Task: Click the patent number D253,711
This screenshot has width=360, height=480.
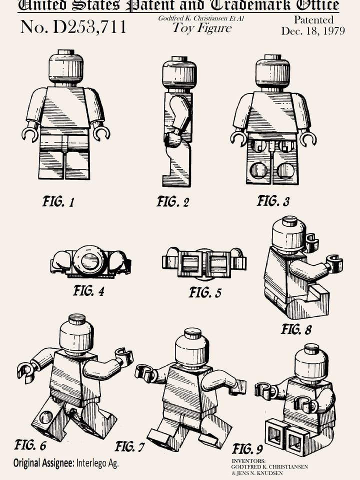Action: click(73, 27)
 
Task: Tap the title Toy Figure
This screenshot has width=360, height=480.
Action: click(202, 28)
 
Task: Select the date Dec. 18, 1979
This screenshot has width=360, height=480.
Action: click(313, 31)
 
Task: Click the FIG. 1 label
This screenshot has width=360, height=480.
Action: click(58, 202)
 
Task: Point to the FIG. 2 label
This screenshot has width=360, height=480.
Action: click(173, 202)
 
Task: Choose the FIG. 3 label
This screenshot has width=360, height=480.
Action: click(273, 201)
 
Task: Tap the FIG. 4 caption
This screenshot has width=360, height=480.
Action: click(88, 290)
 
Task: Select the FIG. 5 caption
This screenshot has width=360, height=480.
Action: click(205, 292)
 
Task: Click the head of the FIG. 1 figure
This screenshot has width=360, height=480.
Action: click(66, 67)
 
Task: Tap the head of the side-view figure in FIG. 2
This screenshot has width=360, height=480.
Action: click(179, 73)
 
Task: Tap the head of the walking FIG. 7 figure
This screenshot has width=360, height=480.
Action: click(192, 348)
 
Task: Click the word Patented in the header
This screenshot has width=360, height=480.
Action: click(313, 20)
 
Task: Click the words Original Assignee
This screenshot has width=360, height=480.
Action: click(43, 463)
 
